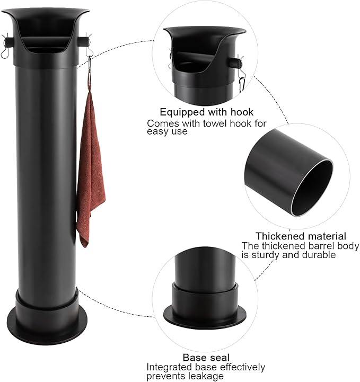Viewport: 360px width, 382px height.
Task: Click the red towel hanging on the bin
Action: [x=91, y=168]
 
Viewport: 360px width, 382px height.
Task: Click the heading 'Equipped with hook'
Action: [x=206, y=112]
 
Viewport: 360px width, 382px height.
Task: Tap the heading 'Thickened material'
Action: [x=301, y=236]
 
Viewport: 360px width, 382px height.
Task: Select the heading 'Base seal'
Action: [x=206, y=358]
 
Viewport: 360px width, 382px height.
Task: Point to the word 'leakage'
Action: [x=204, y=376]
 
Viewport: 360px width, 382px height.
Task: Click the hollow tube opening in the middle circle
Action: [x=312, y=188]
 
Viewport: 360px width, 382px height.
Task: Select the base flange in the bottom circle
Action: [x=205, y=317]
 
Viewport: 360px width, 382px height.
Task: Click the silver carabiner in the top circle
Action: [x=242, y=84]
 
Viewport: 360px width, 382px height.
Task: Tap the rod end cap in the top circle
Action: [x=236, y=63]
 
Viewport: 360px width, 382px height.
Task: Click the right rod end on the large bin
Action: [x=83, y=41]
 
